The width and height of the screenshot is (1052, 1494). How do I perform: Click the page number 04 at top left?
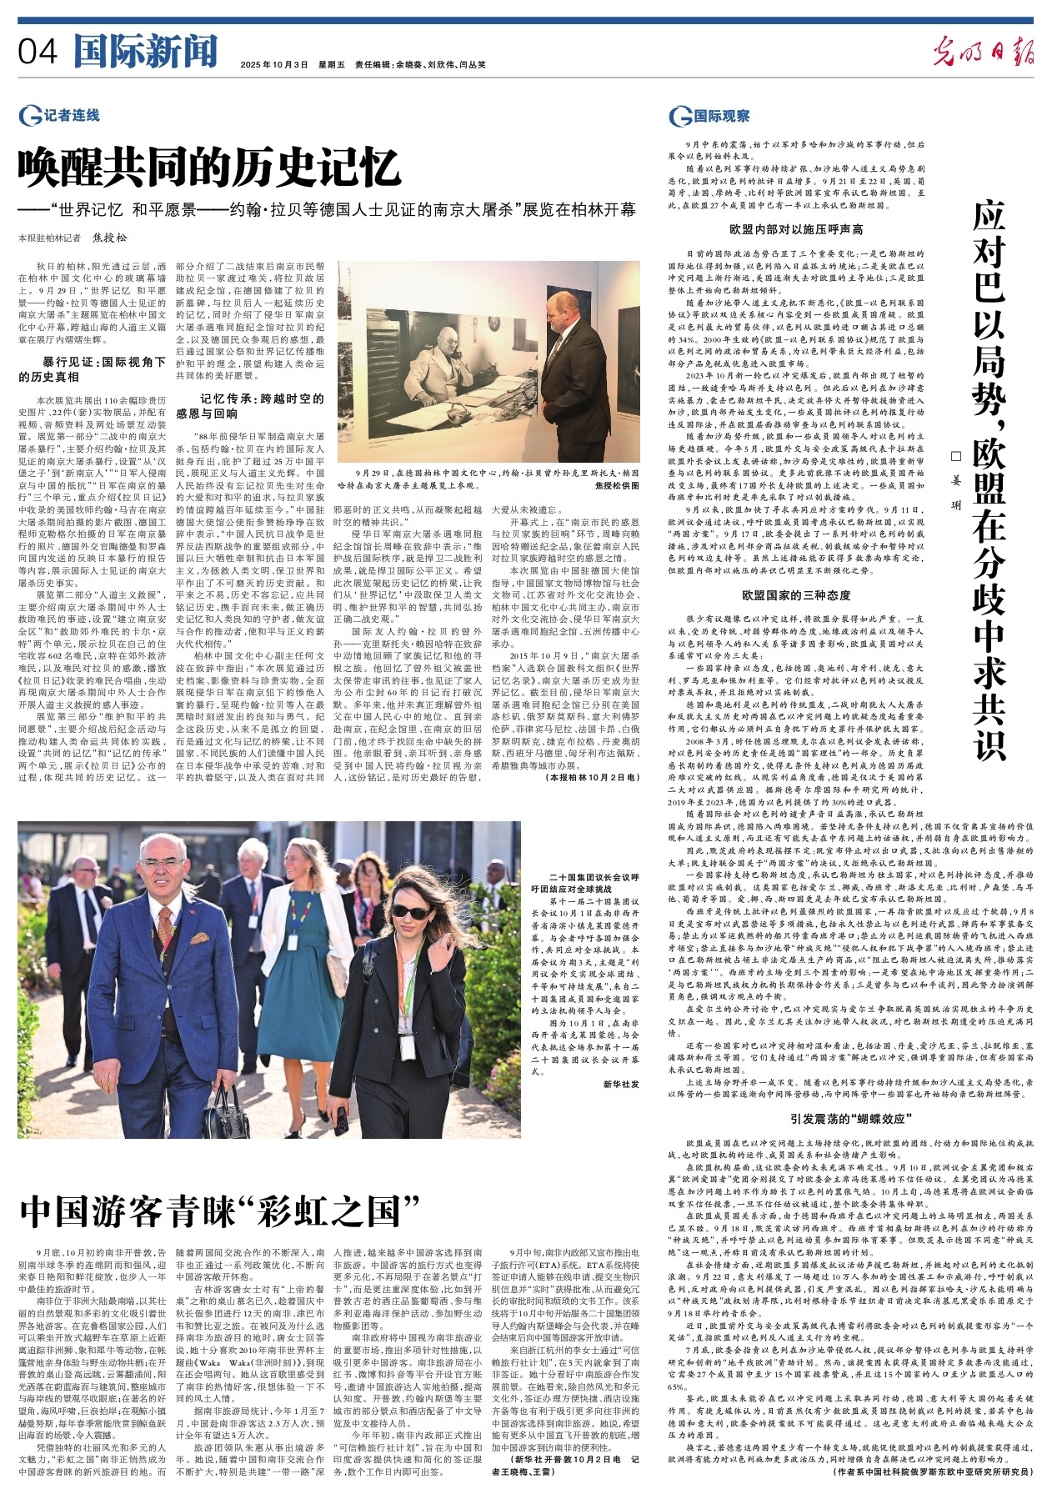coord(38,53)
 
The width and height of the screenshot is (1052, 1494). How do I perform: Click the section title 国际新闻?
coord(145,52)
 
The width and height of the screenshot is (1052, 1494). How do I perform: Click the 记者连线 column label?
coord(60,116)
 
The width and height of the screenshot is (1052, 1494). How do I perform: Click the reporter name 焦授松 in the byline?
coord(110,238)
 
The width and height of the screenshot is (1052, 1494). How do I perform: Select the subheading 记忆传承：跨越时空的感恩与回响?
coord(249,405)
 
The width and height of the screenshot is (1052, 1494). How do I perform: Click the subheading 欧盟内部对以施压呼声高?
coord(795,229)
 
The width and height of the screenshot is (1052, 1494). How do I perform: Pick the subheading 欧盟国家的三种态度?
coord(796,595)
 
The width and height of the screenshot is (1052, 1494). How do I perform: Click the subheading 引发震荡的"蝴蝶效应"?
coord(846,1118)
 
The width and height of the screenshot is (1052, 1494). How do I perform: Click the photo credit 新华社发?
coord(621,1083)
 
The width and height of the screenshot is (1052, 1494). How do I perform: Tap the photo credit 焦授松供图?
coord(618,484)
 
